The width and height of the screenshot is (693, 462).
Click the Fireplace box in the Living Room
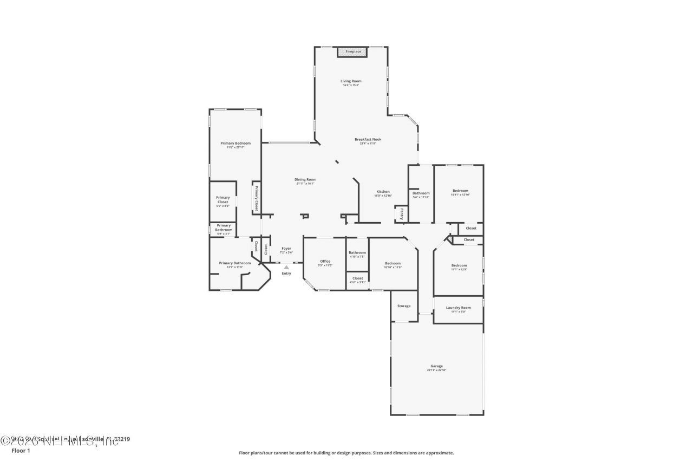pos(352,52)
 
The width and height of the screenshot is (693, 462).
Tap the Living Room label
pos(351,81)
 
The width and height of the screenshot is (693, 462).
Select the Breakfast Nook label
pos(368,140)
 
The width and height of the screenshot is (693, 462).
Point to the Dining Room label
pos(305,180)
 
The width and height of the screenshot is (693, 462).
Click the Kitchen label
pos(383,192)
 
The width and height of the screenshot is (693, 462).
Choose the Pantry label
pos(402,214)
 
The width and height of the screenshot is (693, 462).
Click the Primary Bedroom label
pos(236,144)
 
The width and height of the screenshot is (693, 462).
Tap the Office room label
pos(325,262)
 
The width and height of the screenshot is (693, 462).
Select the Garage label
pos(436,366)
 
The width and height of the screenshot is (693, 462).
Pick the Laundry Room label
pos(458,308)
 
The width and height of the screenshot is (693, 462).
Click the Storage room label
pos(404,306)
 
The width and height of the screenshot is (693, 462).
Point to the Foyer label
pos(286,249)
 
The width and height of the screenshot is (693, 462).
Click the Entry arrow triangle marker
pos(286,267)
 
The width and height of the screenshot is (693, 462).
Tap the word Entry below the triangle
pos(286,274)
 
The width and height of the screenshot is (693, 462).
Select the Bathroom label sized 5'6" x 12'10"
pos(421,193)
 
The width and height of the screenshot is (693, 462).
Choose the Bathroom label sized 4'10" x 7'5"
pos(357,253)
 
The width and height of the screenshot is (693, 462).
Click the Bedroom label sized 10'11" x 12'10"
pos(460,191)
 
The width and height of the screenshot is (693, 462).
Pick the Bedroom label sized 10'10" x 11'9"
pos(393,264)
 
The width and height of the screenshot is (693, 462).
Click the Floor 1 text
pos(21,450)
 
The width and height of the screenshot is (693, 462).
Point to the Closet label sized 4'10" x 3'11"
pos(357,278)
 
